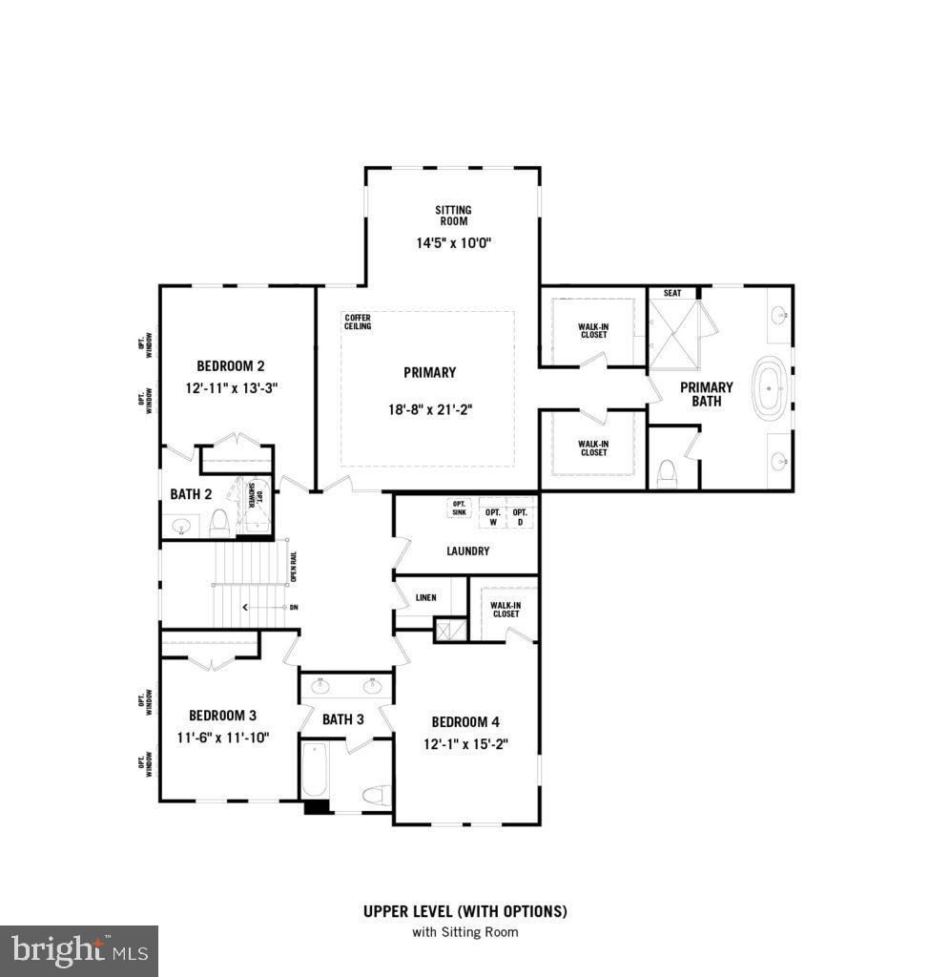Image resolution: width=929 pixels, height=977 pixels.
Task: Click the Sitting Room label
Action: coord(453,215)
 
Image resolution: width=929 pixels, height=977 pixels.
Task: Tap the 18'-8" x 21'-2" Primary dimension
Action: coord(429,409)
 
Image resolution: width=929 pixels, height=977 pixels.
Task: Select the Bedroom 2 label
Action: coord(231,365)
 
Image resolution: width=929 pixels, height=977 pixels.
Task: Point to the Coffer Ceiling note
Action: coord(358,322)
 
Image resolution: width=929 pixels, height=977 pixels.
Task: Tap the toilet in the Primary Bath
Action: coord(668,471)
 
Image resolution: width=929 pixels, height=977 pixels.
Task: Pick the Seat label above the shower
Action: coord(672,294)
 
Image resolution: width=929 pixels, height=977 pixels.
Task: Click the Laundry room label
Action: coord(467,551)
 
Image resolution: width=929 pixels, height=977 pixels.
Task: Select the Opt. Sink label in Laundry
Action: coord(461,508)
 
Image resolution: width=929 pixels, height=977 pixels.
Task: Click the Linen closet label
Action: coord(426,598)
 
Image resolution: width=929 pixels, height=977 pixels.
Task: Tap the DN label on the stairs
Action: coord(294,607)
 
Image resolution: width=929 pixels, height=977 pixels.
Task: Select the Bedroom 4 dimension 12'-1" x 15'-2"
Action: coord(465,744)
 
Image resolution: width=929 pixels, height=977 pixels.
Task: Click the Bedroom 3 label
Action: coord(222,716)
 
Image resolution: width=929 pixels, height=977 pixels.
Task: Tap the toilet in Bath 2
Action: coord(220,521)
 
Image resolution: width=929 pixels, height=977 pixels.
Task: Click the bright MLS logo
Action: coord(79,950)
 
